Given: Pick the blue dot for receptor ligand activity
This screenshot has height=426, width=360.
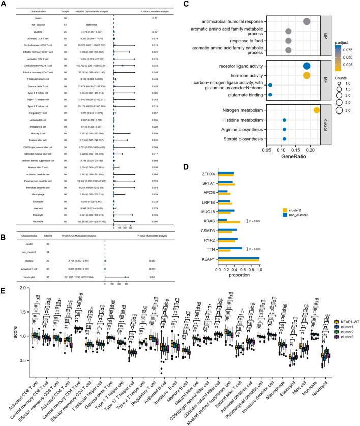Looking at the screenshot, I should coord(306,66).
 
